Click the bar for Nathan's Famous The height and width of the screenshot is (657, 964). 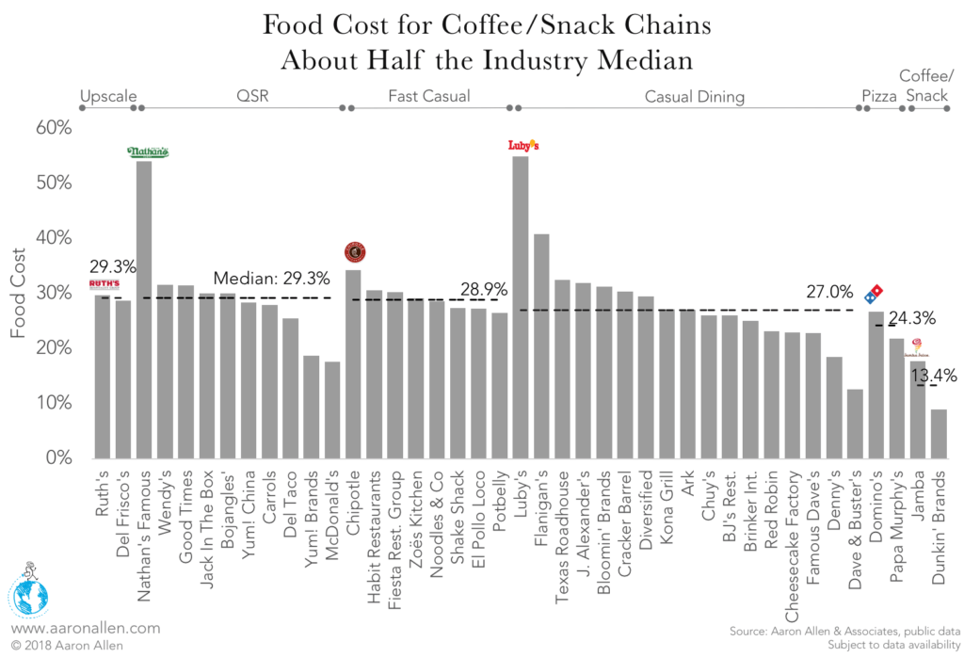[x=144, y=311]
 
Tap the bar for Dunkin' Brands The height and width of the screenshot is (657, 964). [x=939, y=434]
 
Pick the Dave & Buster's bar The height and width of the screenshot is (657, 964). [x=855, y=424]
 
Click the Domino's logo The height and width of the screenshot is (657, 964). [x=876, y=293]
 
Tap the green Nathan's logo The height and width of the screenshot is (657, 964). [x=148, y=152]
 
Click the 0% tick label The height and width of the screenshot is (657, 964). [x=58, y=458]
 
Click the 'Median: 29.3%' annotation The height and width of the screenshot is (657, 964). [x=271, y=279]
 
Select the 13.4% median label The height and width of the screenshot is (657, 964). [x=932, y=376]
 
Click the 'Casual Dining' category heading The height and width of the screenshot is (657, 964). [x=694, y=96]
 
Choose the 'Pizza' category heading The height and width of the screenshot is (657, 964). [x=878, y=96]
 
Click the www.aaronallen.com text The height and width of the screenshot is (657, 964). [x=86, y=628]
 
